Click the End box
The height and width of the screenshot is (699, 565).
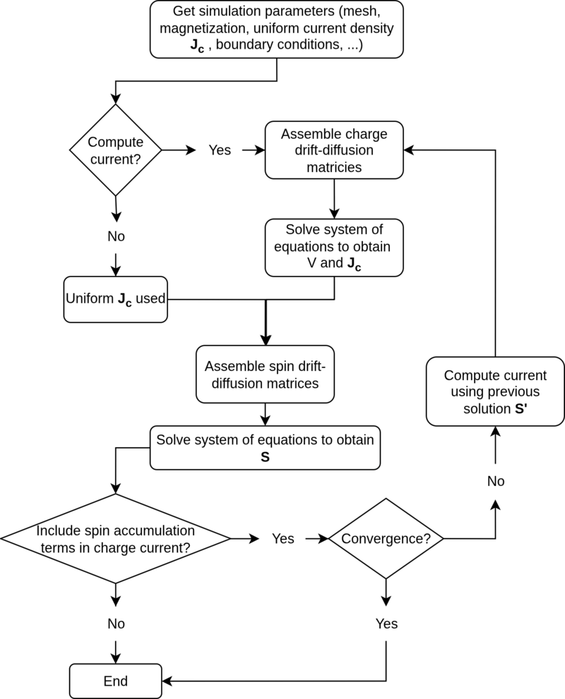pos(115,681)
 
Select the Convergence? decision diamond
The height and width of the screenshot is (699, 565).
pos(386,539)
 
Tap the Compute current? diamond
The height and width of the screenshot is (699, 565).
pos(115,150)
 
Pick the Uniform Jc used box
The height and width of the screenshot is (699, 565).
pos(115,299)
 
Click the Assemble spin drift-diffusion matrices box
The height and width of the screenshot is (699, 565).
pos(265,375)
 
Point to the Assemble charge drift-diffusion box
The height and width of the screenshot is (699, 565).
pos(333,150)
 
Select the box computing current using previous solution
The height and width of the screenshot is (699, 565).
pos(495,391)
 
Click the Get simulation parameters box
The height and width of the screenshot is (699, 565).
pos(276,29)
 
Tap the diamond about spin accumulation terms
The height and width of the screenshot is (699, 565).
pos(115,539)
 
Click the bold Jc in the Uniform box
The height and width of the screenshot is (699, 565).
pos(124,300)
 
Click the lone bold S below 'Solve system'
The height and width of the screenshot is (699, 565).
pos(265,457)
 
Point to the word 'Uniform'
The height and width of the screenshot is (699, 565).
pos(90,298)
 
